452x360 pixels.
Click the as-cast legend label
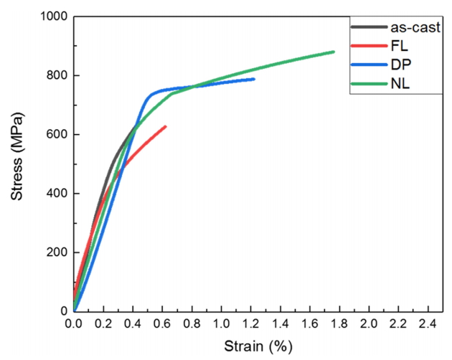[x=416, y=29]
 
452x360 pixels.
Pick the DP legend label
[x=401, y=67]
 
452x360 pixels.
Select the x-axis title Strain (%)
[x=258, y=346]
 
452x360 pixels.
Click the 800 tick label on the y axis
[x=56, y=75]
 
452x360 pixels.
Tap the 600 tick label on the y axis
[x=56, y=135]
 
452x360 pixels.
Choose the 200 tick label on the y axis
[x=56, y=252]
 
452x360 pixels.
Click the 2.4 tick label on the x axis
[x=428, y=325]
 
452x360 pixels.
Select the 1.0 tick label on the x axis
[x=221, y=325]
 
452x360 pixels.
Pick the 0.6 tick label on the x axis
[x=162, y=325]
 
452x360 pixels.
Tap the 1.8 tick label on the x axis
[x=339, y=325]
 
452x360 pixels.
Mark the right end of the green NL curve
[x=334, y=52]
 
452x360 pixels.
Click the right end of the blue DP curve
[x=253, y=79]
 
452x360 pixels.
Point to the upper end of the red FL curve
[x=166, y=126]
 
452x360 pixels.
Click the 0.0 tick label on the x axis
[x=74, y=325]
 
